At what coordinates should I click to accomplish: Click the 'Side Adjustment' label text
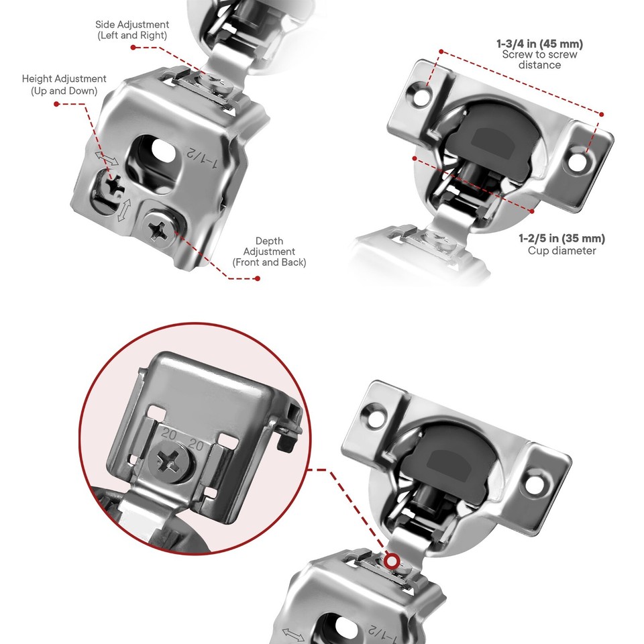pyautogui.click(x=132, y=30)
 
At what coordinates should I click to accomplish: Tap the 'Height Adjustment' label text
pyautogui.click(x=64, y=85)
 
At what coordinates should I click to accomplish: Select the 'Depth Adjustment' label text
pyautogui.click(x=269, y=252)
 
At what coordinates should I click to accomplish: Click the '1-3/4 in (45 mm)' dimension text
pyautogui.click(x=539, y=44)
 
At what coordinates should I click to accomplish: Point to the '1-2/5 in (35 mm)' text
pyautogui.click(x=561, y=238)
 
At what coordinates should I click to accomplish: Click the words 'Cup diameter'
pyautogui.click(x=561, y=251)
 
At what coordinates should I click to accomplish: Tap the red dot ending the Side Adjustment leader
pyautogui.click(x=133, y=48)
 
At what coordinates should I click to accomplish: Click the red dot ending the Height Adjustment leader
pyautogui.click(x=56, y=104)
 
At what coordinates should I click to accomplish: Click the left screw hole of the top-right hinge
pyautogui.click(x=421, y=96)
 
